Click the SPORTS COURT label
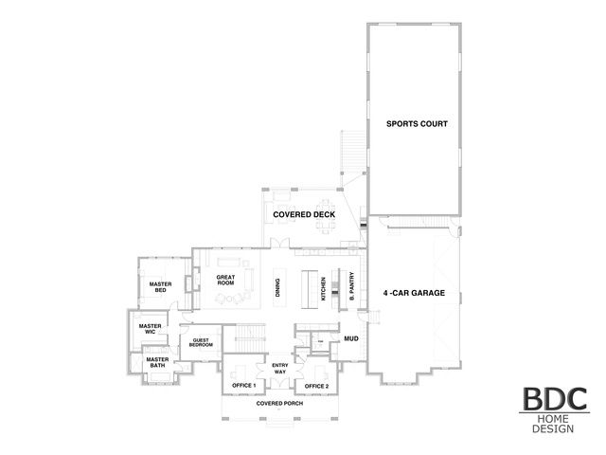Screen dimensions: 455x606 coord(416,124)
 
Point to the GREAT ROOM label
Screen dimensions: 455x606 coord(225,281)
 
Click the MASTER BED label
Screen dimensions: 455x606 coord(159,286)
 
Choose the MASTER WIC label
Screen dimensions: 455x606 coord(150,329)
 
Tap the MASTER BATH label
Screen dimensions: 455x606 coord(157,363)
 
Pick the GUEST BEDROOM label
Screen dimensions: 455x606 coord(202,342)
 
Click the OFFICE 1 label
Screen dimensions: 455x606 coord(244,386)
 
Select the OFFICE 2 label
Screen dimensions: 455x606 coord(316,386)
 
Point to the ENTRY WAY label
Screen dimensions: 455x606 coord(280,369)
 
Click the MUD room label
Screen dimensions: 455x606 coord(350,337)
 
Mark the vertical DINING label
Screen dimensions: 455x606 coord(277,288)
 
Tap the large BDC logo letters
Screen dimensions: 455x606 coord(552,399)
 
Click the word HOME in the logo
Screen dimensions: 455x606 coord(552,420)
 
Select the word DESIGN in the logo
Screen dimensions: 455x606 coord(552,431)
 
